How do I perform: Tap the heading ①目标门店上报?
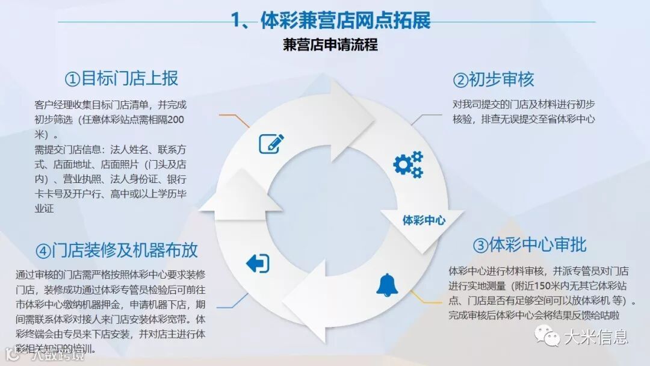pos(122,79)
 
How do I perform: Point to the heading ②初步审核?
pos(493,79)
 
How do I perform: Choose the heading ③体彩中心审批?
pos(530,245)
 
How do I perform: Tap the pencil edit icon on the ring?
pos(271,143)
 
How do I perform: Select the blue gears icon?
pos(408,164)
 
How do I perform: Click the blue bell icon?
pos(386,284)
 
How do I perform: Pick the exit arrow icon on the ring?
pos(258,263)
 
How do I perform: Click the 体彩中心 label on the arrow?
pos(424,220)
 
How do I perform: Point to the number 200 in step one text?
pos(176,120)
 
